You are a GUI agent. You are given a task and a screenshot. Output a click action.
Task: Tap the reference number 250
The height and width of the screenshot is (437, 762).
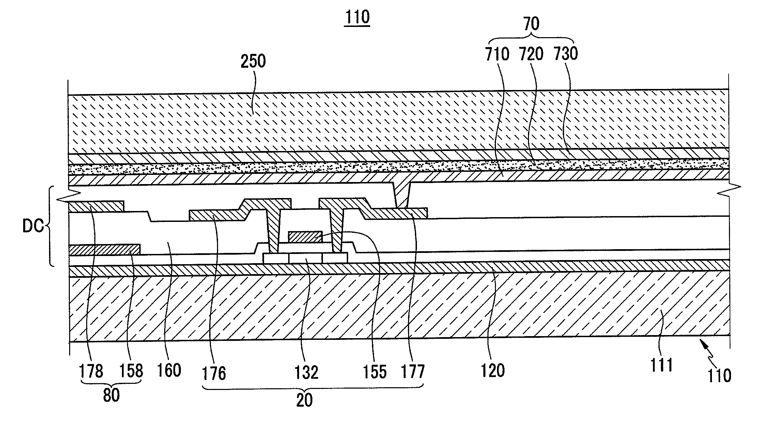(253, 61)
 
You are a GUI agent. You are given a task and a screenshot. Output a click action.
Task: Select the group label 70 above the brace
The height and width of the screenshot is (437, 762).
(531, 25)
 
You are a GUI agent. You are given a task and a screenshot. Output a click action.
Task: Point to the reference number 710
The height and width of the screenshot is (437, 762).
(497, 55)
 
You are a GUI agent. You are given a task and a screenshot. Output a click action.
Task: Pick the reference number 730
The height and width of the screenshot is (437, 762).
(565, 55)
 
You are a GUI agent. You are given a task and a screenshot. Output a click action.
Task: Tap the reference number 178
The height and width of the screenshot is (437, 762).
(91, 371)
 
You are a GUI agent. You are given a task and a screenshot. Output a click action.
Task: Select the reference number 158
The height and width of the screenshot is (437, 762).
(131, 371)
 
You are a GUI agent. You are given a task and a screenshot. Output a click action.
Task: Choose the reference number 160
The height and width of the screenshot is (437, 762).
(169, 371)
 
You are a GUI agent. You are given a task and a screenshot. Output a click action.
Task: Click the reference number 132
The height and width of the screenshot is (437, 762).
(306, 372)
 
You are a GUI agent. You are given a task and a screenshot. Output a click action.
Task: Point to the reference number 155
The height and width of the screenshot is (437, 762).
(375, 372)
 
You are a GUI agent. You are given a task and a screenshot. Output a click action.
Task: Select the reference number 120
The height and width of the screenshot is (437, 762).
(493, 371)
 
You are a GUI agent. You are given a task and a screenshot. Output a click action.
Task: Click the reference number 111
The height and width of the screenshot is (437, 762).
(662, 365)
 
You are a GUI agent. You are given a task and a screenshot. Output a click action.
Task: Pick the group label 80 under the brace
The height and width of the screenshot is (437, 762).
(111, 395)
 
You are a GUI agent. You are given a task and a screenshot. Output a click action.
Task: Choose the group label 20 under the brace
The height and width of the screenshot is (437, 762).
(304, 401)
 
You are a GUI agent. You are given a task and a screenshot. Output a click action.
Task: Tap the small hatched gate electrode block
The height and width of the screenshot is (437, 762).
(305, 237)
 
